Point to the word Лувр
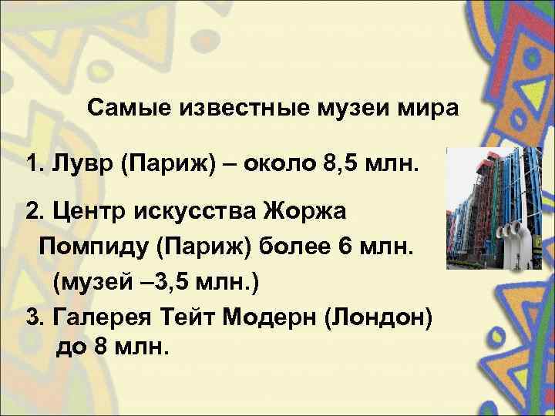[x=78, y=165]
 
